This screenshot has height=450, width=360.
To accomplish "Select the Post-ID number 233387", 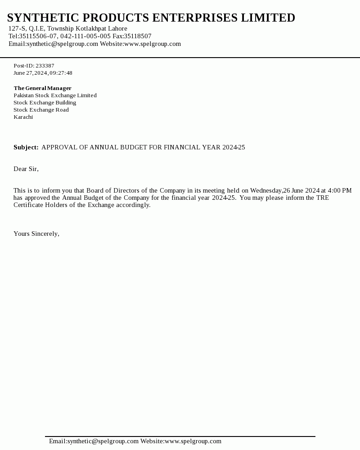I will (45, 66).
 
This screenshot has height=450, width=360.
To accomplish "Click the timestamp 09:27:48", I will (61, 73).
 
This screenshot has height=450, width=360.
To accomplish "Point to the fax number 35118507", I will (138, 36).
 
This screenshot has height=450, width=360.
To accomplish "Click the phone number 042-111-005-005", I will (85, 36).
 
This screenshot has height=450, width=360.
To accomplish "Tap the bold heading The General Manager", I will (42, 88).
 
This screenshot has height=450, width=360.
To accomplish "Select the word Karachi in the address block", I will (23, 117).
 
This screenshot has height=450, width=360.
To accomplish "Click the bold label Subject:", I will (26, 148).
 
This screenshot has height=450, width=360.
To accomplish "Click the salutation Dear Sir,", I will (26, 169).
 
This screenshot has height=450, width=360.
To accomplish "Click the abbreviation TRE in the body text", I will (322, 198).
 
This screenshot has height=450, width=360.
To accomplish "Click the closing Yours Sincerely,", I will (36, 234).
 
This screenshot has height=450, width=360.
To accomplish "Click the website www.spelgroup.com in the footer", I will (193, 441).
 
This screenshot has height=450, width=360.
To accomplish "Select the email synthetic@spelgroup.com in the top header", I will (62, 44).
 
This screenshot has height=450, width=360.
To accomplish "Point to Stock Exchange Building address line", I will (45, 103).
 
